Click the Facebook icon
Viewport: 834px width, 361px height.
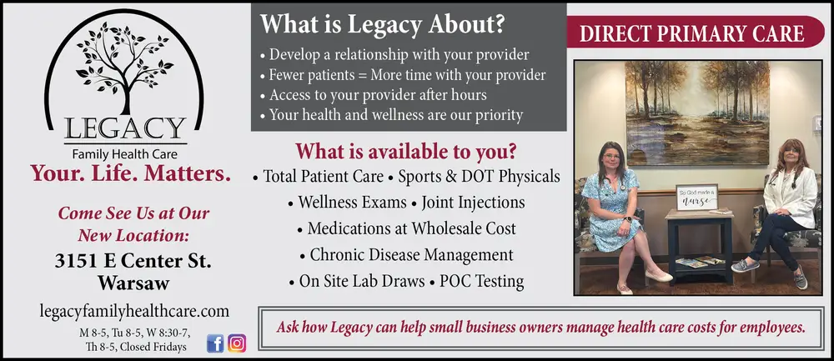click(215, 343)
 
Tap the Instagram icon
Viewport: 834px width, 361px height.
click(237, 343)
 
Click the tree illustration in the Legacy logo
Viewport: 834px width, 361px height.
click(125, 67)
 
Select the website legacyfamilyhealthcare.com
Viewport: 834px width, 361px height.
click(134, 311)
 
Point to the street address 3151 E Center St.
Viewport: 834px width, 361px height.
click(133, 261)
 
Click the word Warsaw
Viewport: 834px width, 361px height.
click(133, 283)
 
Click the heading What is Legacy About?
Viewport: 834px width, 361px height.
click(382, 24)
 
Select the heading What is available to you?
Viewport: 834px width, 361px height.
click(406, 152)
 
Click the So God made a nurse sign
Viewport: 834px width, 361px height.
click(696, 198)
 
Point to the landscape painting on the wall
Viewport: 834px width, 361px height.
click(697, 113)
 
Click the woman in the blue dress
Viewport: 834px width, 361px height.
click(620, 216)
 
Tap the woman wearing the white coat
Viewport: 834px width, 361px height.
click(779, 213)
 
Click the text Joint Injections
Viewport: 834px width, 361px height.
click(473, 203)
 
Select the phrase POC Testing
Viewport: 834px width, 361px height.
click(481, 281)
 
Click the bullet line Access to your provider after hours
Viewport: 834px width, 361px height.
click(378, 95)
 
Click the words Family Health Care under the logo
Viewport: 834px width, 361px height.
click(125, 155)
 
